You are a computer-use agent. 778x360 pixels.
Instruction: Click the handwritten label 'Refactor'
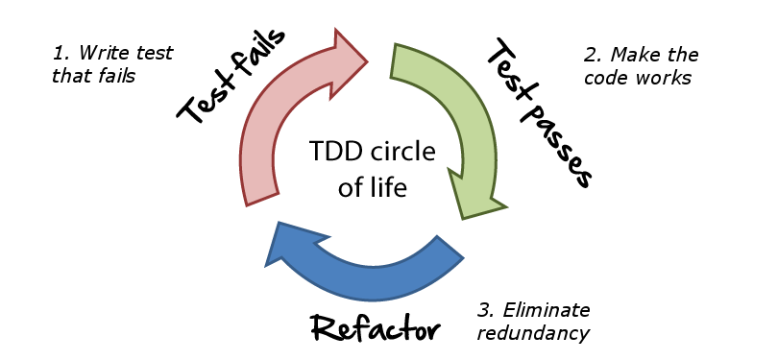(x=376, y=327)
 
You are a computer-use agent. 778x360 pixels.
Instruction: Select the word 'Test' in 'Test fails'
(x=197, y=102)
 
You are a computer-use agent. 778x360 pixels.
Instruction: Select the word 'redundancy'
(x=533, y=333)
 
